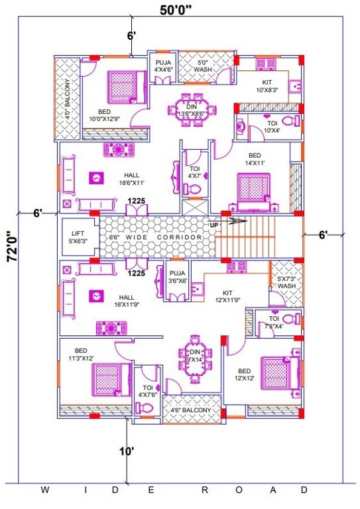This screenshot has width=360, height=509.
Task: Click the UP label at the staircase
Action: (x=214, y=225)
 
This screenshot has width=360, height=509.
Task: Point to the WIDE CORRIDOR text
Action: (x=156, y=237)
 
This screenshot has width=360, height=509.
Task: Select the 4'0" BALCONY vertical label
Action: (x=68, y=98)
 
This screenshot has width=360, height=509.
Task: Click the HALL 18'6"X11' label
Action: (x=132, y=178)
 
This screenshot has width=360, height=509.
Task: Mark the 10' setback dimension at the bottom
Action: (x=127, y=451)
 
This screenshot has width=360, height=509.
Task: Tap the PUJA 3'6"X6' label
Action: (x=177, y=277)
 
